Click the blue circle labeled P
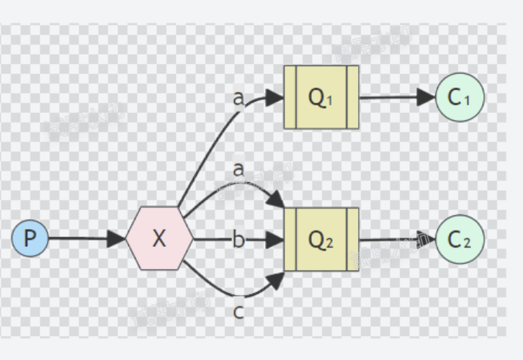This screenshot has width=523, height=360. [30, 239]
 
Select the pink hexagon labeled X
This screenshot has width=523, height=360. [159, 239]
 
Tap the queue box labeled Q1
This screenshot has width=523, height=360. [321, 97]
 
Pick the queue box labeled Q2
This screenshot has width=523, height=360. [321, 239]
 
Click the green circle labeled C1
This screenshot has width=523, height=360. [460, 97]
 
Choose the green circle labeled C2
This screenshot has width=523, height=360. [460, 239]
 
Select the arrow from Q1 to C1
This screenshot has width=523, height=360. [396, 97]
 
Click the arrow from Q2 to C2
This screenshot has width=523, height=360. [396, 239]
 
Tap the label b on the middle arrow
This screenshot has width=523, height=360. [238, 240]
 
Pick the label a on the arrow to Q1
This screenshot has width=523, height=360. [238, 98]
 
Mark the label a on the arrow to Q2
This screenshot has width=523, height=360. [238, 169]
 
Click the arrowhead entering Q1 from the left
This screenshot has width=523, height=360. [274, 97]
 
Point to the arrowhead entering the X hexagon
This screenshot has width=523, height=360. [117, 239]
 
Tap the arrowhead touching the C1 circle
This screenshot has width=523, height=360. [426, 97]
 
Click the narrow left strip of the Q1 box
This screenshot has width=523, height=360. [290, 97]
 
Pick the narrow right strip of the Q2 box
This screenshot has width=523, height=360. [352, 239]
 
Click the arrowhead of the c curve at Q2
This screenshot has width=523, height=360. [277, 279]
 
